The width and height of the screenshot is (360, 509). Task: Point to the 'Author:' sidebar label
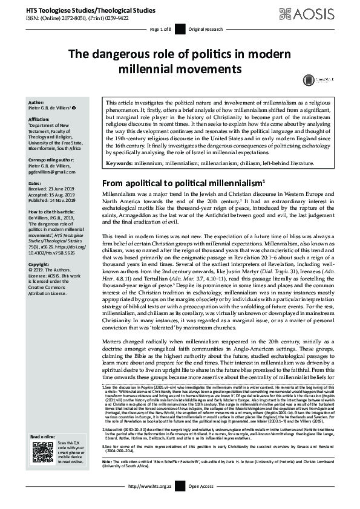pyautogui.click(x=36, y=103)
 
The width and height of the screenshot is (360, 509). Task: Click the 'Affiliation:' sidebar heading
pyautogui.click(x=41, y=120)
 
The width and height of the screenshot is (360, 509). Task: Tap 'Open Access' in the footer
pyautogui.click(x=202, y=502)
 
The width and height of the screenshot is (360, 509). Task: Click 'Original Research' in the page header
pyautogui.click(x=205, y=29)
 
